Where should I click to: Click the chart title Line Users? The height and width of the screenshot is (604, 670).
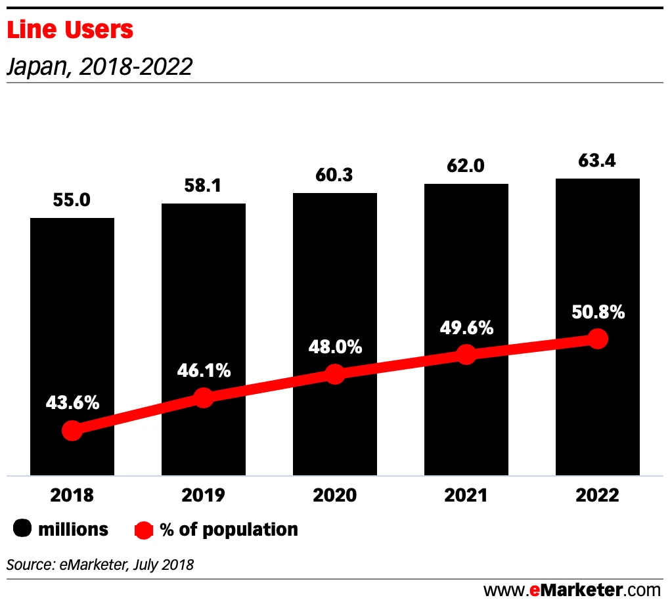pos(70,30)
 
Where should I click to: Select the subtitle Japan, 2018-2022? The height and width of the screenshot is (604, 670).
pos(99,66)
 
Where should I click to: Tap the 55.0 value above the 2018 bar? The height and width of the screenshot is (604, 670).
pos(72,200)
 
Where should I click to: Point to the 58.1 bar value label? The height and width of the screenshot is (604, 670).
pos(204,186)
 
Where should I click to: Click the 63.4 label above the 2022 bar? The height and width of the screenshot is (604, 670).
pos(598,160)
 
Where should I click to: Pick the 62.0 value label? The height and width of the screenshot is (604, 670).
pos(466,166)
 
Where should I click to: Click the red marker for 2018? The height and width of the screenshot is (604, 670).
pos(72,431)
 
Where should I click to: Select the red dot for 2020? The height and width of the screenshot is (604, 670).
pos(335,374)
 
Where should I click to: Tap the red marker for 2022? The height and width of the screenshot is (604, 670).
pos(598,339)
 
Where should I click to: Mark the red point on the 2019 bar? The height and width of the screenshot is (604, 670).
pos(204,397)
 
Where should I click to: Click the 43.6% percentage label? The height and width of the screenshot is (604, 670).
pos(72,403)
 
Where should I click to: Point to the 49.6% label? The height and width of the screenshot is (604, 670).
pos(466,328)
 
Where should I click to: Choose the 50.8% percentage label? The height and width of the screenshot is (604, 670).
pos(598,312)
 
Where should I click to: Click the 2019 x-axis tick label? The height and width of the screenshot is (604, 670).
pos(204,495)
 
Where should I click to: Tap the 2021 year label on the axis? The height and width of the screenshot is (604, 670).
pos(466,495)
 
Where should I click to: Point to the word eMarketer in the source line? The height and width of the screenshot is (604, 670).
pos(81,564)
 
